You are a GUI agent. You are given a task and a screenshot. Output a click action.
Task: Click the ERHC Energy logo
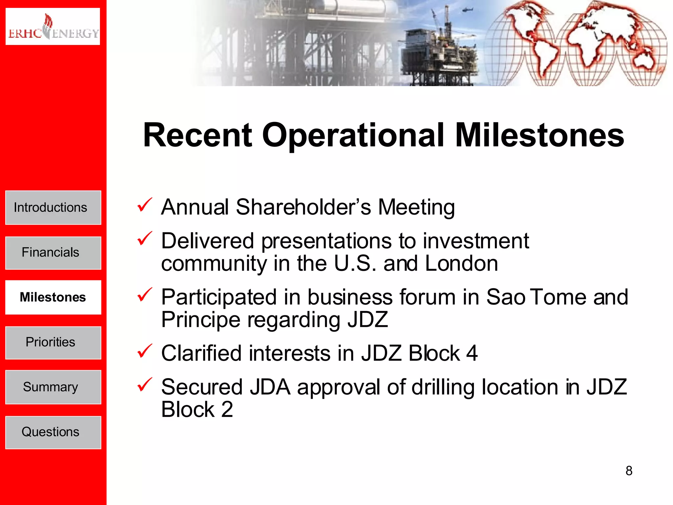53,26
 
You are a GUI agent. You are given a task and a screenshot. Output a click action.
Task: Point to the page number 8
629,471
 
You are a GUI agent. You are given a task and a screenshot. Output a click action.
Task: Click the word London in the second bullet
461,264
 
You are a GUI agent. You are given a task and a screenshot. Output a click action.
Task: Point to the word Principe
200,320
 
